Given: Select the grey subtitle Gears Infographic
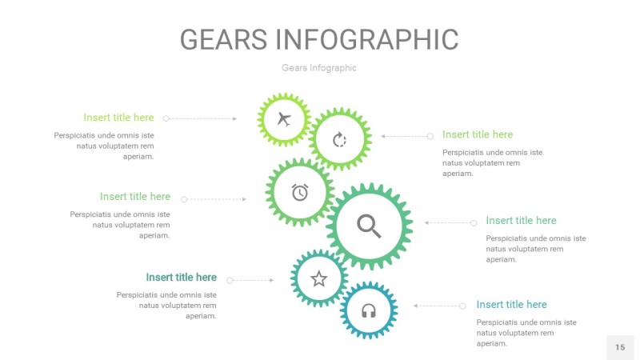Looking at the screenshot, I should tap(318, 68).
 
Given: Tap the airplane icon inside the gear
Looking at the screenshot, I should tap(283, 120).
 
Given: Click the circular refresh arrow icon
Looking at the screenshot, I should tap(339, 140).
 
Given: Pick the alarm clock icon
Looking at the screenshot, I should tap(300, 192).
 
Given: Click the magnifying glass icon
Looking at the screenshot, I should tap(369, 226).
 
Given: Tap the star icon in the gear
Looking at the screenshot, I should tap(319, 278).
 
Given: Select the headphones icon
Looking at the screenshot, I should tap(369, 310).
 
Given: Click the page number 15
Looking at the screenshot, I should tap(620, 347).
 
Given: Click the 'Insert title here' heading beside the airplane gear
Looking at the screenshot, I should tap(118, 118).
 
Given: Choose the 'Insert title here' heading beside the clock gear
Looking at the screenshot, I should tap(135, 196).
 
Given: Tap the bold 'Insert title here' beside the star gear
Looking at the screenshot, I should tap(181, 278).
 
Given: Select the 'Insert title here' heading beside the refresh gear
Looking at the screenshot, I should tap(478, 134).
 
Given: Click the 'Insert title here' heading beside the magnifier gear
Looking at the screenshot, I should tap(521, 220).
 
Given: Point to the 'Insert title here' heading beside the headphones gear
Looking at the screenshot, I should tap(511, 304).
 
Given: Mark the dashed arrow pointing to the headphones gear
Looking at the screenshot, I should tap(438, 306).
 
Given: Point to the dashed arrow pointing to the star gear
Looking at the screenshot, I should tap(251, 280).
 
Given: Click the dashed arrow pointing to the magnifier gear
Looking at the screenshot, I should tap(450, 222).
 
